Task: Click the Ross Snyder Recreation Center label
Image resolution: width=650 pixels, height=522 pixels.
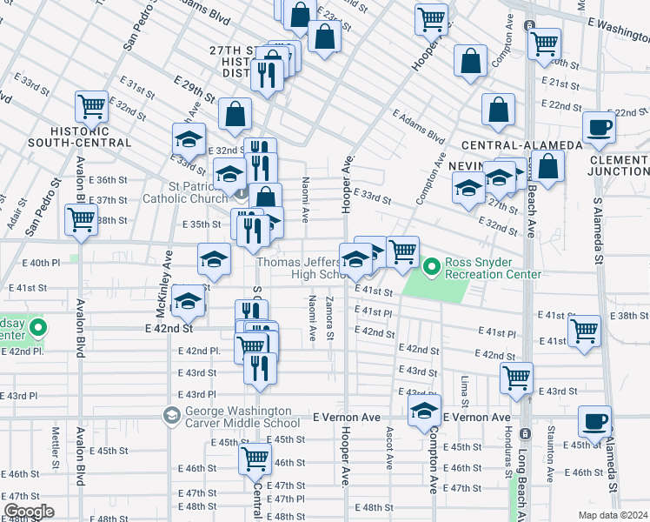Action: (x=493, y=268)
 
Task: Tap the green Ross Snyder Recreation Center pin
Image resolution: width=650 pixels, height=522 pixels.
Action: (x=432, y=264)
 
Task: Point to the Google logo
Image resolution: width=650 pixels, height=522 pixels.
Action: (x=29, y=512)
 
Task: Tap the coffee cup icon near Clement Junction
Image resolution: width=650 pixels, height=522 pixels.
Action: (x=599, y=127)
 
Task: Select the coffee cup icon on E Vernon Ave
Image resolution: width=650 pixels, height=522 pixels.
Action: (x=595, y=421)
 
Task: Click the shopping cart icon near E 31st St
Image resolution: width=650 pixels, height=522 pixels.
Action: (x=91, y=105)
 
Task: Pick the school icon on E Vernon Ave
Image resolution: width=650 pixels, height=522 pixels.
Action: (x=424, y=412)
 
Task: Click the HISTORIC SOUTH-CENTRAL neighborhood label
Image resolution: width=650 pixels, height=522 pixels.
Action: (x=79, y=136)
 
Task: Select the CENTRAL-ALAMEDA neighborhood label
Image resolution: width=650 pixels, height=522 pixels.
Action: (x=509, y=144)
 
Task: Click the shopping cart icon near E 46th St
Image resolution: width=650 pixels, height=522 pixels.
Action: (x=255, y=458)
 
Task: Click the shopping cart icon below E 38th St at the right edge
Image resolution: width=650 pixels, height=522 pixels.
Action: (x=584, y=330)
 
